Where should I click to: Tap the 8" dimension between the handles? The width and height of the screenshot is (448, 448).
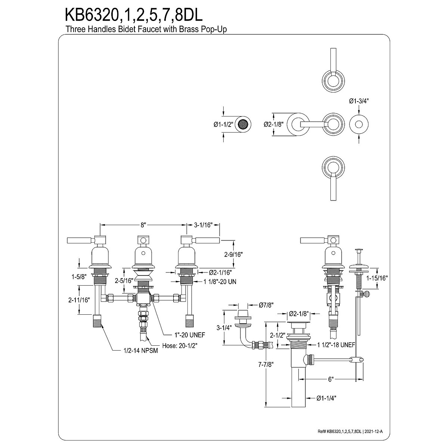[x=143, y=225]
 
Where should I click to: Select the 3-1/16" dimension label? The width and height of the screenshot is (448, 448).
[x=203, y=225]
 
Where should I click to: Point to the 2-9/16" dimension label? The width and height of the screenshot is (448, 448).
[x=234, y=255]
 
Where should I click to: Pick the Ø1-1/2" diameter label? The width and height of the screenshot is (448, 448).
[x=223, y=125]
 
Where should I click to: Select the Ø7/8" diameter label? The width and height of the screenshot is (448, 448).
[x=266, y=305]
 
